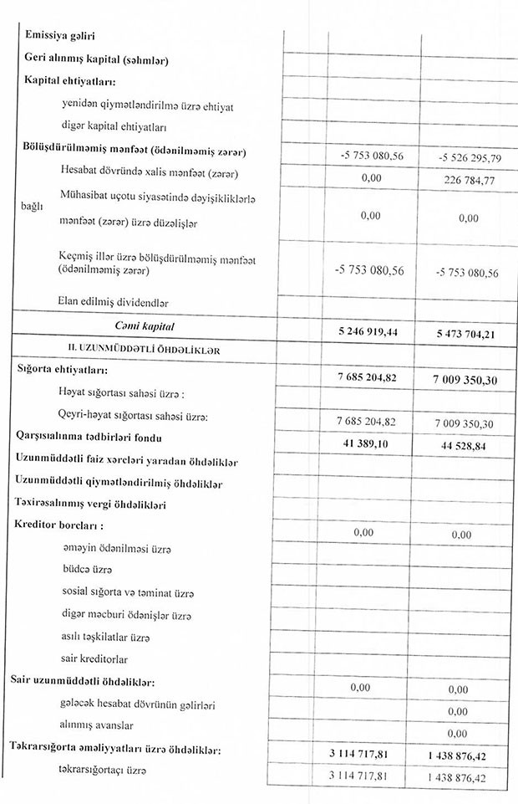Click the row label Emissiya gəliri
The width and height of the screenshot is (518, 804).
[60, 36]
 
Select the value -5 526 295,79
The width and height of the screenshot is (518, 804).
[468, 157]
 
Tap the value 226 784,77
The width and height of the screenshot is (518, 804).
[468, 179]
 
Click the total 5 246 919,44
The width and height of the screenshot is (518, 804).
[368, 331]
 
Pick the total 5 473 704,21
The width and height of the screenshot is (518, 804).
[466, 334]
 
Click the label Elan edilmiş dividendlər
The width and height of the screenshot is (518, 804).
[109, 300]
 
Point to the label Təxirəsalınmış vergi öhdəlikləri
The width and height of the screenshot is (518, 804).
[91, 505]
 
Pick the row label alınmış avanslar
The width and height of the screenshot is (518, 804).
[97, 725]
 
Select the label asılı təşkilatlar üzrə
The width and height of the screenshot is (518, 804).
[105, 637]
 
